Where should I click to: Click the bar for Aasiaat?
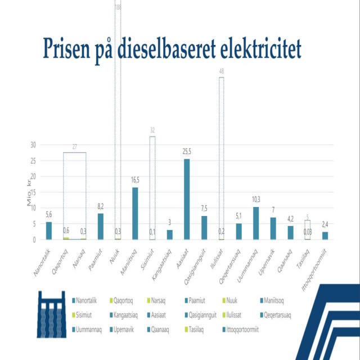coord(187,200)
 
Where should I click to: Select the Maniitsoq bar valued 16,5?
coord(135,214)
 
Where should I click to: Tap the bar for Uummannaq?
coord(256,223)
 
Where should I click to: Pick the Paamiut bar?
coord(101,227)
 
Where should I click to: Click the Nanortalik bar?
coord(49,231)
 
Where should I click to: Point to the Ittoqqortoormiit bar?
coord(325,236)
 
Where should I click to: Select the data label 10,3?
coord(256,200)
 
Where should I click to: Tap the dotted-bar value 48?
coord(222,71)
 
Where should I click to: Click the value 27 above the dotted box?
coord(74,147)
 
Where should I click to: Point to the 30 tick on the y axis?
coord(33,145)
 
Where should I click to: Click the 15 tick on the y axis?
coord(33,192)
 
